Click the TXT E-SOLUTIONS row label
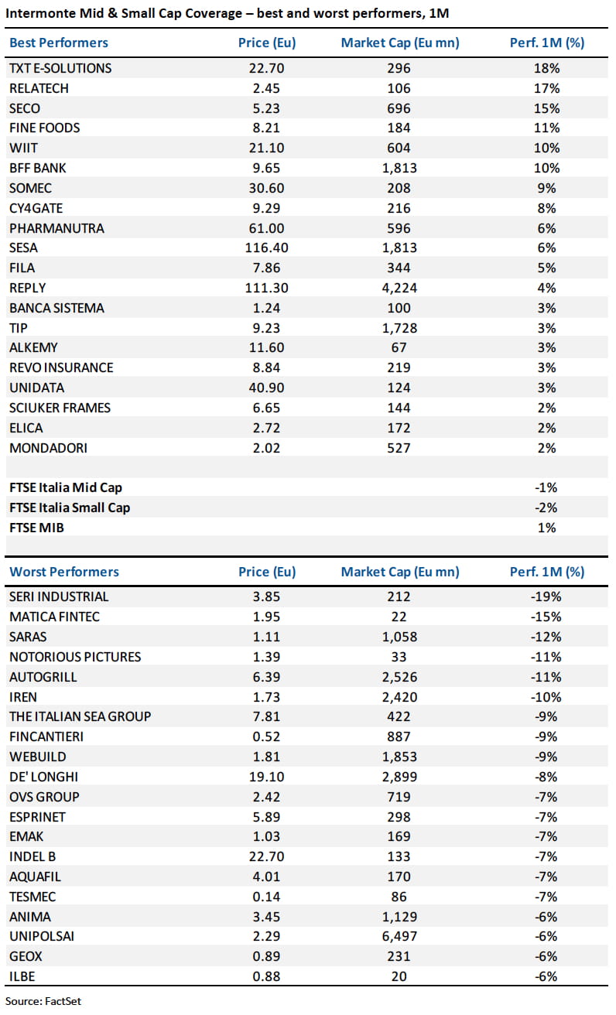(60, 68)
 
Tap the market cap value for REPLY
(399, 288)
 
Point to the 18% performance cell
(546, 68)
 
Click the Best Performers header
(59, 43)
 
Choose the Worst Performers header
(64, 572)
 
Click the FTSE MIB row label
(36, 528)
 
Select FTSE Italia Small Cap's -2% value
(546, 508)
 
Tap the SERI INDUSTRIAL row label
(59, 596)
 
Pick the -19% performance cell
(546, 596)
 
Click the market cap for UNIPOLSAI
(399, 936)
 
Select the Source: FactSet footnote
(45, 1000)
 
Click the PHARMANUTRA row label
(56, 228)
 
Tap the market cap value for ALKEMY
(399, 348)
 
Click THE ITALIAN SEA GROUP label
(80, 716)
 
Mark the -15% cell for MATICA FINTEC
(546, 617)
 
